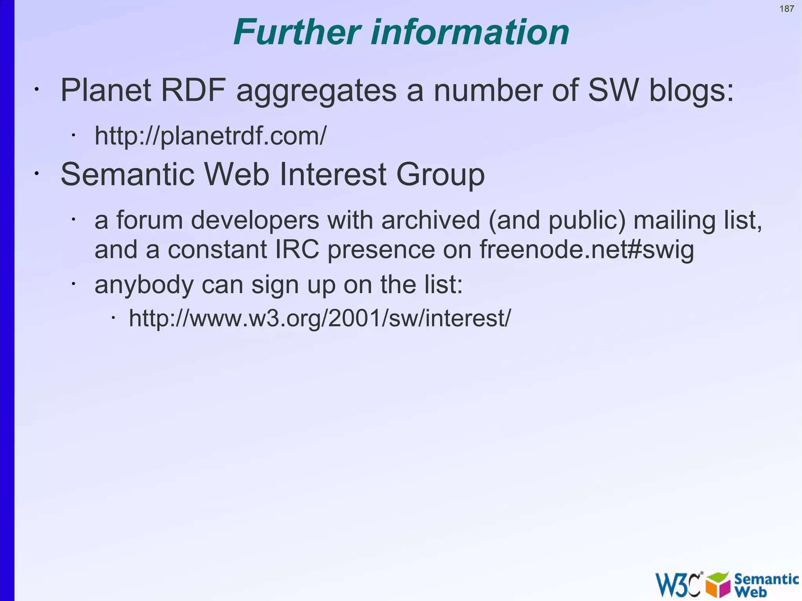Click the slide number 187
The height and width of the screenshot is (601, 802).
pos(786,9)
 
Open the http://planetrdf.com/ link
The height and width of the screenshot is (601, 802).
pos(210,136)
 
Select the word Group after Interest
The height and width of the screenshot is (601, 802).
pos(440,174)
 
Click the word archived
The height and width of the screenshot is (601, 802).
pos(430,220)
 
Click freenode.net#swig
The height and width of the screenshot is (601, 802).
pos(586,249)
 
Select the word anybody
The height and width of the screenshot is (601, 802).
pos(144,285)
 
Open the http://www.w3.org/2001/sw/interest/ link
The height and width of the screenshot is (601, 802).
pos(320,318)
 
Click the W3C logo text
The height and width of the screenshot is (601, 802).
pos(678,585)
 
